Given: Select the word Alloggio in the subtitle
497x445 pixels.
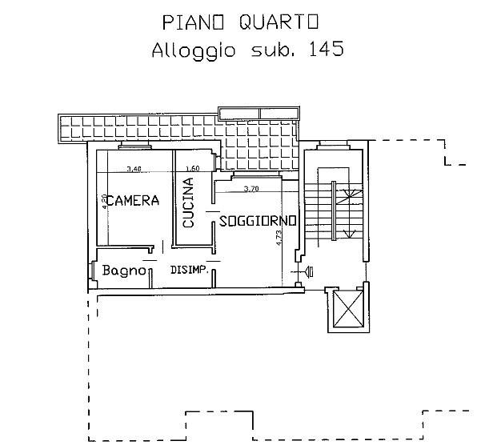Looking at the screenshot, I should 192,50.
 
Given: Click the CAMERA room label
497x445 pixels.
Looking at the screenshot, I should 133,201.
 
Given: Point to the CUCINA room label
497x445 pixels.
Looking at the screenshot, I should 188,203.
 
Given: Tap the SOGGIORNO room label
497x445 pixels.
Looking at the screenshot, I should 258,220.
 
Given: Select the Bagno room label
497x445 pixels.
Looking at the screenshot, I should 124,271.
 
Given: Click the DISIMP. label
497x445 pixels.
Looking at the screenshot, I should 190,271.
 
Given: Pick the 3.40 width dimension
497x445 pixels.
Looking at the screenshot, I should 134,169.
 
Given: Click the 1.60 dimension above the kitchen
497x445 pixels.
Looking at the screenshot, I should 191,169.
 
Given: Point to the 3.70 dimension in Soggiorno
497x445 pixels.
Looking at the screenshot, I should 251,189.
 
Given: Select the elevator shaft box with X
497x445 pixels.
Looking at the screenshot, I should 347,308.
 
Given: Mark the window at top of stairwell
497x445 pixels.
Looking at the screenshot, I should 332,146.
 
